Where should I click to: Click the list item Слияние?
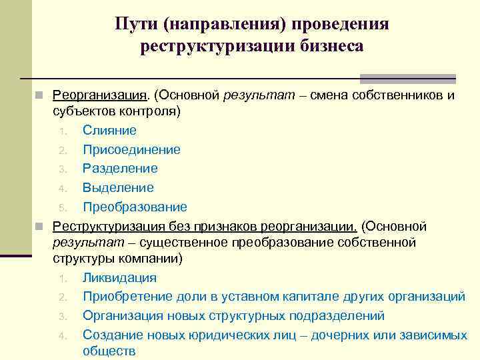pos(109,131)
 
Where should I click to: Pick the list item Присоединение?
pos(131,149)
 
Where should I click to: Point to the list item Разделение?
pos(120,169)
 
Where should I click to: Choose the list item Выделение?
pos(118,187)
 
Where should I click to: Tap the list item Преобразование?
pos(135,207)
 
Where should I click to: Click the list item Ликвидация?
pos(119,277)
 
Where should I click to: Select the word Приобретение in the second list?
pos(125,296)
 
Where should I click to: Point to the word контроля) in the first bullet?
pos(154,109)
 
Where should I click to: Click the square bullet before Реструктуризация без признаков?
pos(40,226)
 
